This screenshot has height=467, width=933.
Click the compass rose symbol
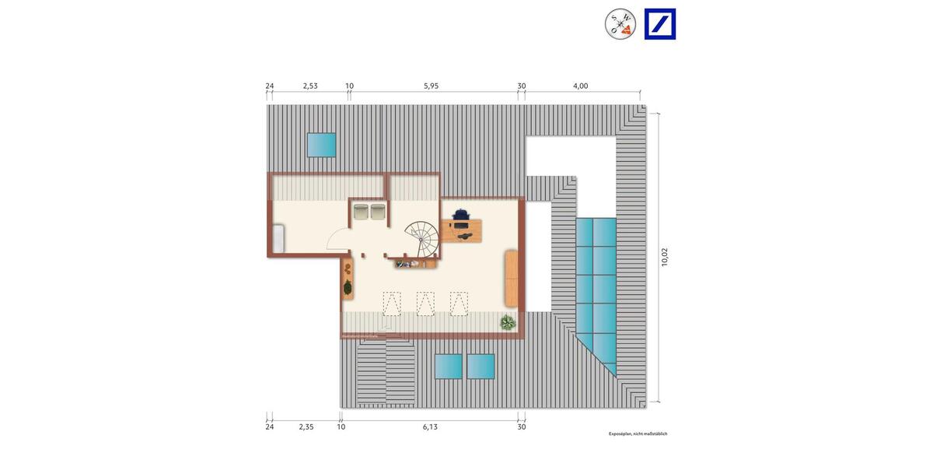tap(620, 24)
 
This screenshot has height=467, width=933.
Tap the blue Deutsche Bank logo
tap(660, 24)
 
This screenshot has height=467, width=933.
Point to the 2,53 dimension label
tap(310, 86)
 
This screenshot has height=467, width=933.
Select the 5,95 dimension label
tap(432, 86)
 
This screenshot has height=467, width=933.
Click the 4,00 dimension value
tap(580, 86)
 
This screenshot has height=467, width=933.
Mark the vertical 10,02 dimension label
tap(665, 257)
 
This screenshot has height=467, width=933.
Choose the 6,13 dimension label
tap(430, 427)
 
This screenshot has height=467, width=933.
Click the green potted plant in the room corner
tap(508, 322)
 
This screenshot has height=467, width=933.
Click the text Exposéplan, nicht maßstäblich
tap(638, 434)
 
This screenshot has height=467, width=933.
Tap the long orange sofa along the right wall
tap(511, 277)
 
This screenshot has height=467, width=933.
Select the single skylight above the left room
tap(321, 144)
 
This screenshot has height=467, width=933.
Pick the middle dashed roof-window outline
tap(425, 304)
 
